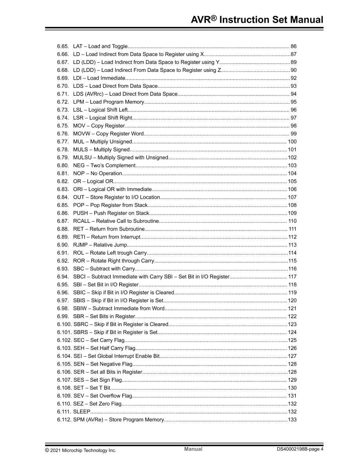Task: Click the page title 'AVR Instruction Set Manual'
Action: click(257, 20)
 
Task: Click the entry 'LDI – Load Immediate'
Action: click(99, 78)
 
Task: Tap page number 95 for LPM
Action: click(293, 102)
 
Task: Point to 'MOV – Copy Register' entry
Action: click(99, 126)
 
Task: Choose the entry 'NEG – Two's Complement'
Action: click(104, 165)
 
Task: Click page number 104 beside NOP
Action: click(292, 173)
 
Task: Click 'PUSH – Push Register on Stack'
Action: click(111, 213)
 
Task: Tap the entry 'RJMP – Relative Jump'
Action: click(100, 245)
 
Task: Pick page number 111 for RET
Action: click(293, 229)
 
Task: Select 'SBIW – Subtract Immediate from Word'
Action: click(118, 308)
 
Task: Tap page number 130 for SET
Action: click(292, 388)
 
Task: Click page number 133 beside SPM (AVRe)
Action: click(292, 419)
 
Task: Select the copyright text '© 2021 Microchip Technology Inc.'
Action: click(80, 450)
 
